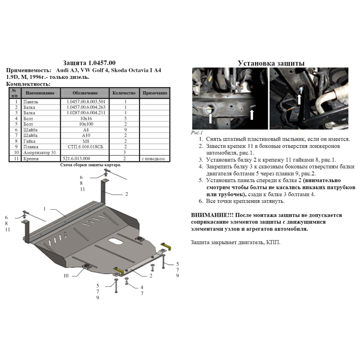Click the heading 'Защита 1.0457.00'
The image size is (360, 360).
pyautogui.click(x=89, y=63)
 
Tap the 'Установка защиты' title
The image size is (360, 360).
pyautogui.click(x=271, y=63)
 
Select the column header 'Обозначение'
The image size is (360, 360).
pyautogui.click(x=85, y=93)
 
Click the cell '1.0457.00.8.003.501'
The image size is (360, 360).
pyautogui.click(x=86, y=102)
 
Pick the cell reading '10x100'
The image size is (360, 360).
pyautogui.click(x=86, y=124)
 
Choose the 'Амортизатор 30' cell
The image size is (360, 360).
pyautogui.click(x=40, y=152)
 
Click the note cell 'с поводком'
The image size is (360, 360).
pyautogui.click(x=153, y=159)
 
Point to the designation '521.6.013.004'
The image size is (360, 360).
pyautogui.click(x=76, y=158)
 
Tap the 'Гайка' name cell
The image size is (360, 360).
pyautogui.click(x=29, y=141)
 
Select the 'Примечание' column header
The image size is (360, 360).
pyautogui.click(x=155, y=93)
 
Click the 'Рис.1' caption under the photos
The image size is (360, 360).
pyautogui.click(x=197, y=133)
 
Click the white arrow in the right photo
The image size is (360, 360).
pyautogui.click(x=299, y=99)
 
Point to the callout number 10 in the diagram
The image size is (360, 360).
pyautogui.click(x=66, y=275)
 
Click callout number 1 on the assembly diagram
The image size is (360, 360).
pyautogui.click(x=45, y=209)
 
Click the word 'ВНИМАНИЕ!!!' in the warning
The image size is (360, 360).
pyautogui.click(x=212, y=215)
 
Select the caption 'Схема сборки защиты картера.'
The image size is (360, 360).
pyautogui.click(x=90, y=165)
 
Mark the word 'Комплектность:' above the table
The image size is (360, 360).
pyautogui.click(x=28, y=84)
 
